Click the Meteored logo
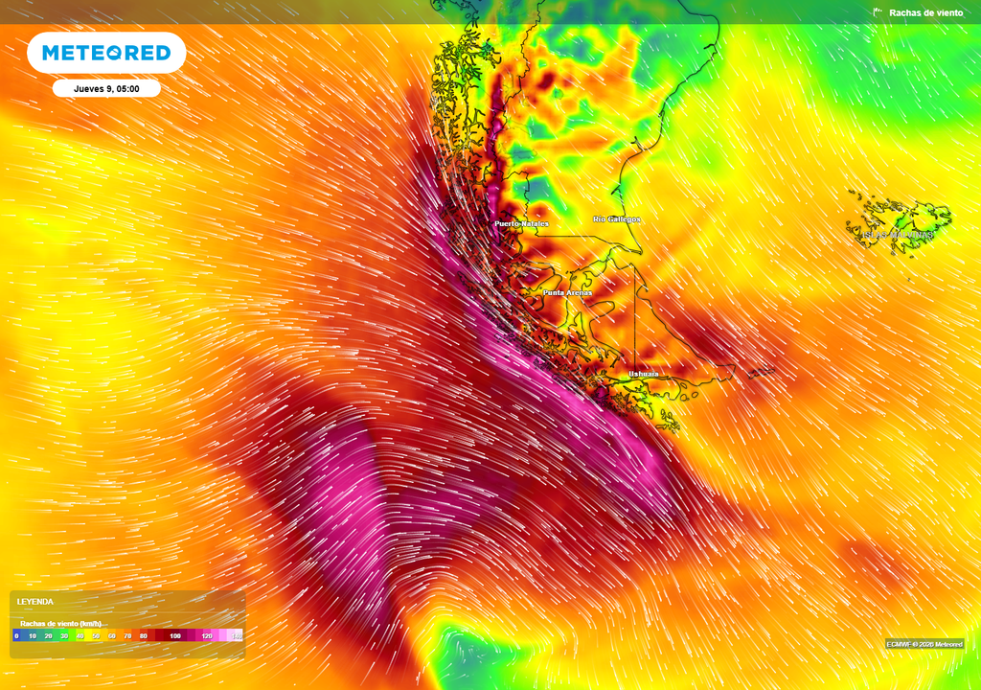(106, 53)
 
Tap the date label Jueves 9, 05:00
(106, 88)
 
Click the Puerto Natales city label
(521, 223)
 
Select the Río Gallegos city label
(617, 219)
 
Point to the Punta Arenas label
(567, 292)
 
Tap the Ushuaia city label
(644, 373)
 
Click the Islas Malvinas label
(898, 234)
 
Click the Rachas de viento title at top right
(926, 12)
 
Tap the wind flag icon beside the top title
(878, 12)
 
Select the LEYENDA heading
(35, 602)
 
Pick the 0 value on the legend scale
(16, 635)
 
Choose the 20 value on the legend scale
(48, 635)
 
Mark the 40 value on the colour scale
(80, 635)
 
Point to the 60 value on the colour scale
(111, 635)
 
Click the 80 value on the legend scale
(143, 635)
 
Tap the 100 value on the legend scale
(175, 635)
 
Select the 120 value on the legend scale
(207, 635)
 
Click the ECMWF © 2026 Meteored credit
(924, 644)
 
